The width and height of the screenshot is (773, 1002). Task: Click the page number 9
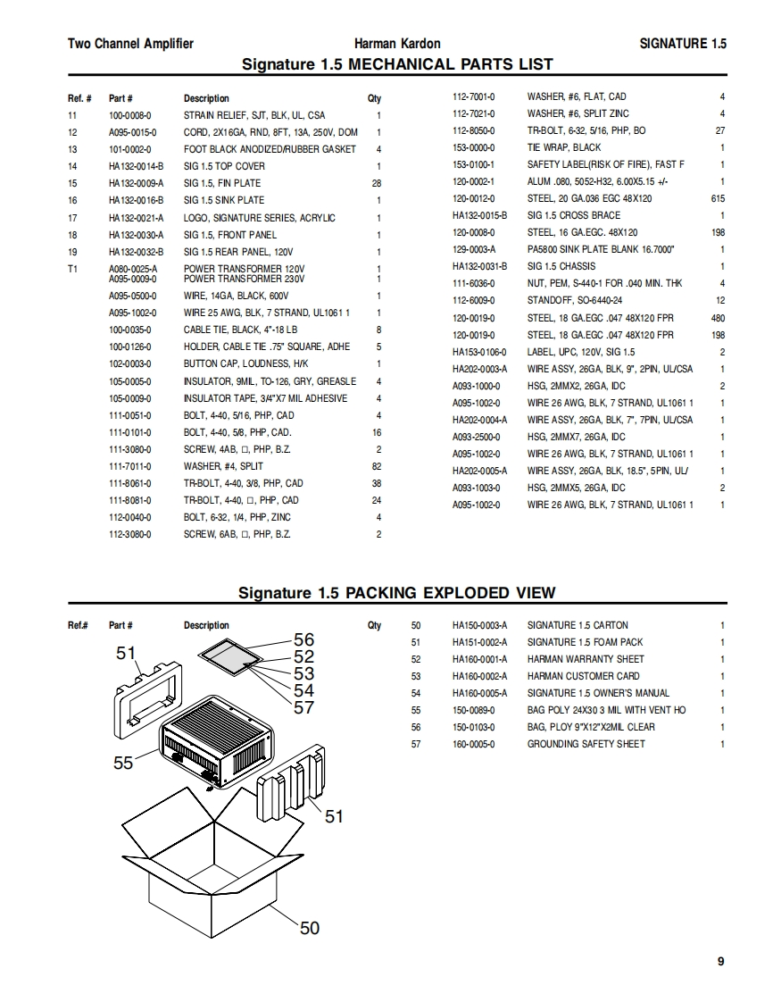pos(720,961)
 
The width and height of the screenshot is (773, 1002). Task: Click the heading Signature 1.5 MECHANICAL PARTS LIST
pos(397,63)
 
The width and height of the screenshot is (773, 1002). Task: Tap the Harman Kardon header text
pos(397,43)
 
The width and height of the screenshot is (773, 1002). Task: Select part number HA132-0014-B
pos(136,166)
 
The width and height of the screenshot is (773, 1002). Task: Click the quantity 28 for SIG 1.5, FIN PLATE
pos(376,183)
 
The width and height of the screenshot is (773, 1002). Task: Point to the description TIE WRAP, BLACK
pos(564,147)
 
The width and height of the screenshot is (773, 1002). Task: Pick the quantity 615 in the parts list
pos(718,198)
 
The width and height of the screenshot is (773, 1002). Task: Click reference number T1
pos(73,269)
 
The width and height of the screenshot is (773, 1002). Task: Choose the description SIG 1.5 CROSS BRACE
pos(573,215)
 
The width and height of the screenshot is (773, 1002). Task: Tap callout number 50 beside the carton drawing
pos(309,928)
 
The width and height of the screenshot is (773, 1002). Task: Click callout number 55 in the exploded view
pos(123,763)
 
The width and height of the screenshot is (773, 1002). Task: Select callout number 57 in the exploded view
pos(304,707)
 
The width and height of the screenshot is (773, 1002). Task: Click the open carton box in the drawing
pos(214,875)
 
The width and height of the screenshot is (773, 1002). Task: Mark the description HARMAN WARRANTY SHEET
pos(586,659)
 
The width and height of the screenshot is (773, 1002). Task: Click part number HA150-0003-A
pos(479,625)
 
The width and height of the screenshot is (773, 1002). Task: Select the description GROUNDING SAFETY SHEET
pos(586,744)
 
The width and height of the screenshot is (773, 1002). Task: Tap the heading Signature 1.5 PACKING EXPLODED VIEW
pos(396,592)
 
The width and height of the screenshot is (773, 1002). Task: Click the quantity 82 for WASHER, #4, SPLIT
pos(376,466)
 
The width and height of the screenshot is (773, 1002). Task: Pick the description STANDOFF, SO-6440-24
pos(575,300)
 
